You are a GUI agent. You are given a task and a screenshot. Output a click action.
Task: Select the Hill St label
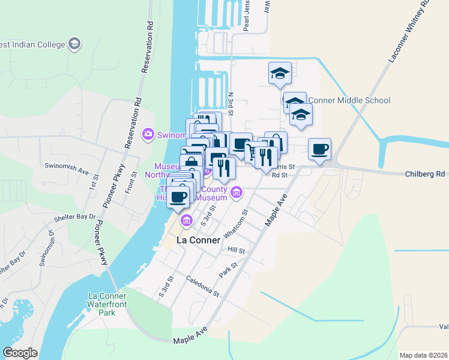(237, 249)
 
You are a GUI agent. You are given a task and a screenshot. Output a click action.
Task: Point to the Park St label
(228, 268)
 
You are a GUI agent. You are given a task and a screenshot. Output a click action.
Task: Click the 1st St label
(95, 182)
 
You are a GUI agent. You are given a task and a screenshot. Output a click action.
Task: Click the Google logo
(20, 353)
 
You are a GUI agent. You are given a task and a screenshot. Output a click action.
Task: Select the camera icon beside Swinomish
(148, 134)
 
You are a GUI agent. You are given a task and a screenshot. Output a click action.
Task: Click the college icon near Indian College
(74, 44)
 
